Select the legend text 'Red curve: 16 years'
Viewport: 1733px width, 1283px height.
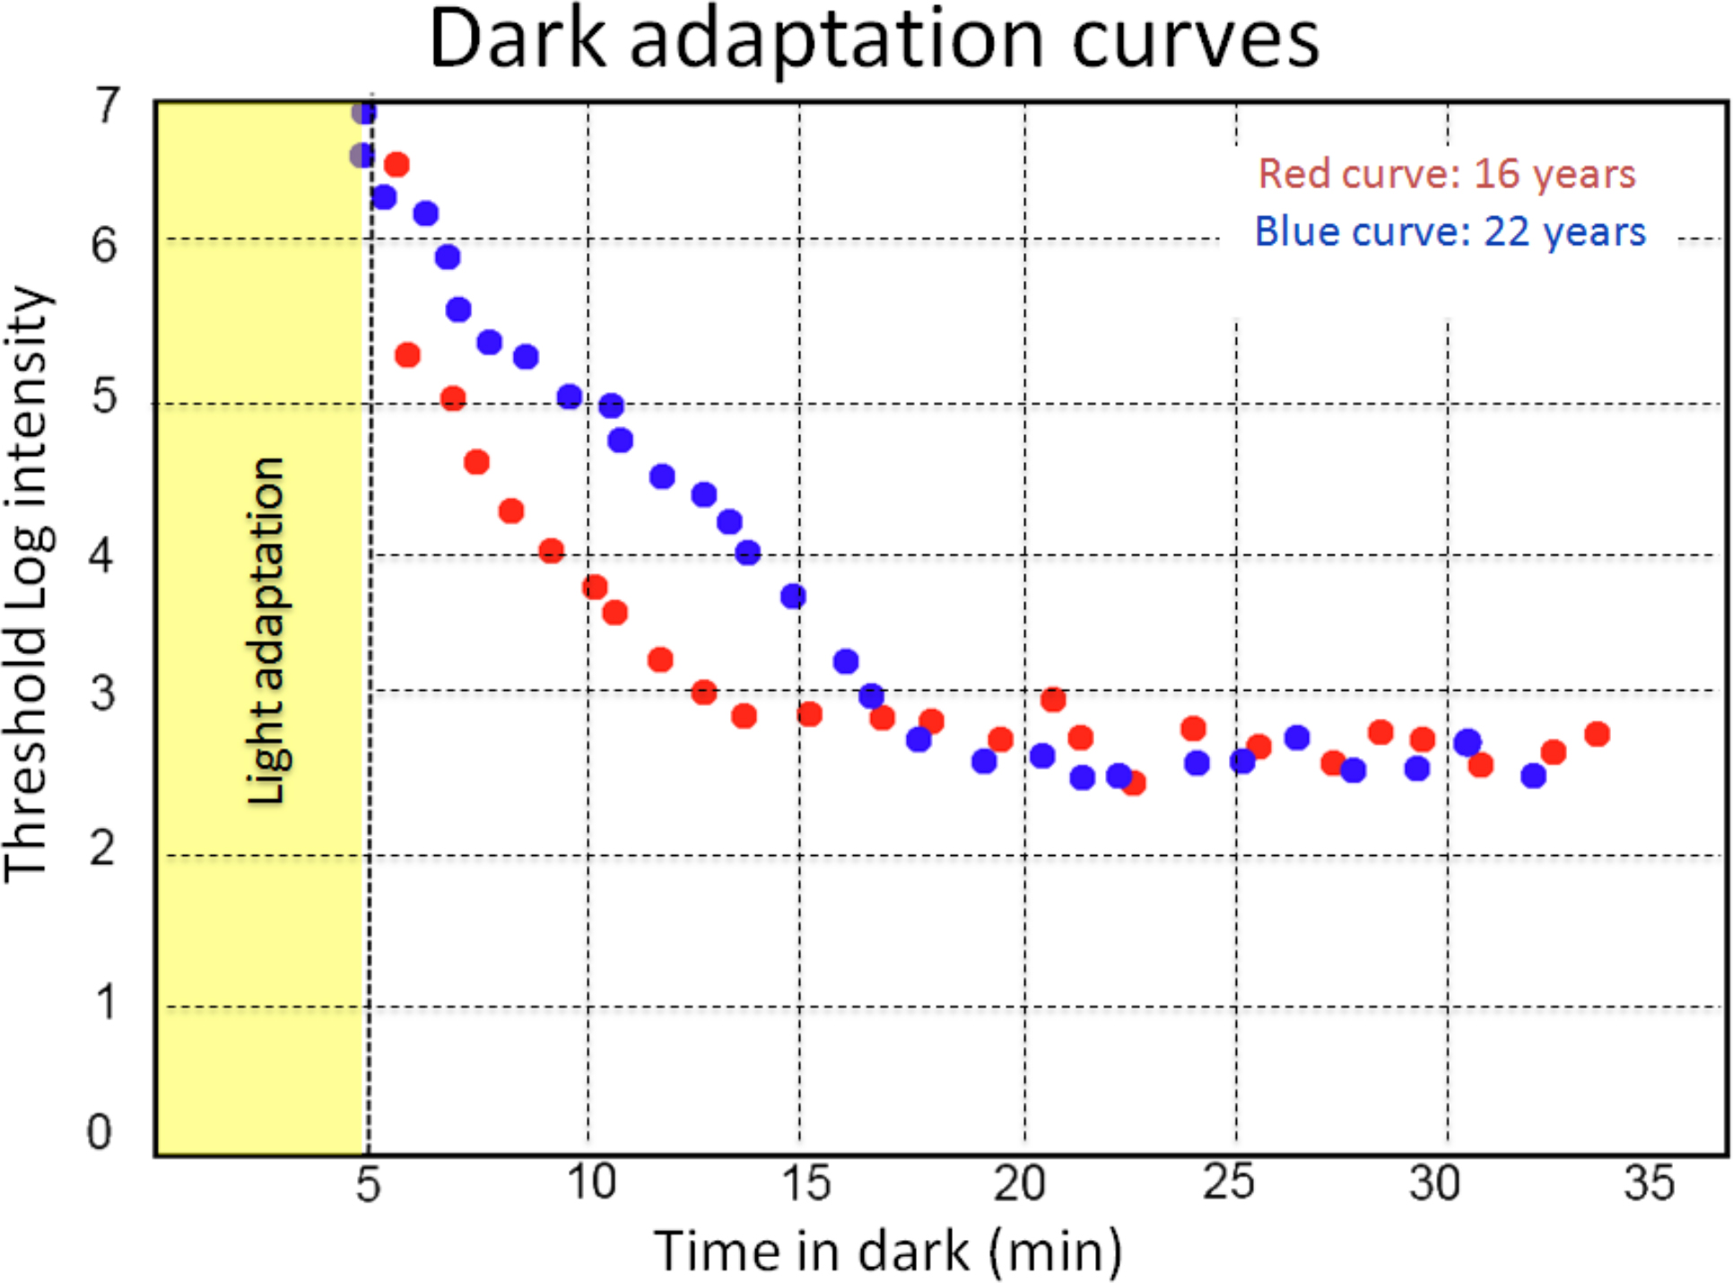tap(1446, 173)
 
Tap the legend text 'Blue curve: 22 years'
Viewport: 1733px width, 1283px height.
tap(1450, 231)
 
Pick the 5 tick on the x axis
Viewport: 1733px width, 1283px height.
tap(368, 1184)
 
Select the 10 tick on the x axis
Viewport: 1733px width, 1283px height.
tap(591, 1182)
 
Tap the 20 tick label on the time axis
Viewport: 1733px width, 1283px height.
tap(1019, 1183)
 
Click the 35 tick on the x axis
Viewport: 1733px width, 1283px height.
tap(1649, 1183)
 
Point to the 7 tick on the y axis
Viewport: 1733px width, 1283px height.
tap(107, 106)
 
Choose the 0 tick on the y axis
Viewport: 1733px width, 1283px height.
tap(100, 1132)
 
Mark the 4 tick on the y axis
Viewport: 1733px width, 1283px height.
tap(101, 555)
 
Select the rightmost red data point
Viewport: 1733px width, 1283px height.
tap(1597, 734)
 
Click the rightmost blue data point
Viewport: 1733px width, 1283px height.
tap(1533, 775)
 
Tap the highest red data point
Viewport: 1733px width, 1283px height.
tap(396, 164)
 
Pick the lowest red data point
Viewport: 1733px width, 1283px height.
tap(1134, 783)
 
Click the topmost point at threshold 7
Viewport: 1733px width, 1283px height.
tap(363, 112)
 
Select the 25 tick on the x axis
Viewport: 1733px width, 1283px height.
tap(1229, 1183)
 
